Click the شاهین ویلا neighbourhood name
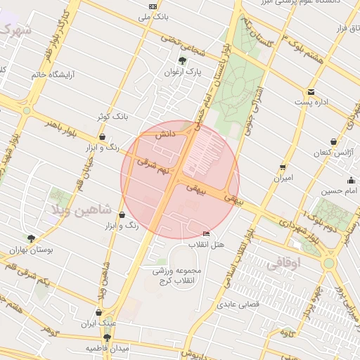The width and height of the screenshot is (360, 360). [77, 210]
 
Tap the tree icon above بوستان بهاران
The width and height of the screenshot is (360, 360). [31, 238]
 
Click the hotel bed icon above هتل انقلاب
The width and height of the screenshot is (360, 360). [206, 233]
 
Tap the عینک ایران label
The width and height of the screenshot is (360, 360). [98, 323]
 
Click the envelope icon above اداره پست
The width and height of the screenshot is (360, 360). [311, 92]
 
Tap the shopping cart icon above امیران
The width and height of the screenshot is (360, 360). [283, 167]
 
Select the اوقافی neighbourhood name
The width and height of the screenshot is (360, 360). [283, 263]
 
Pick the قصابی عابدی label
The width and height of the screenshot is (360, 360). [238, 304]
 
